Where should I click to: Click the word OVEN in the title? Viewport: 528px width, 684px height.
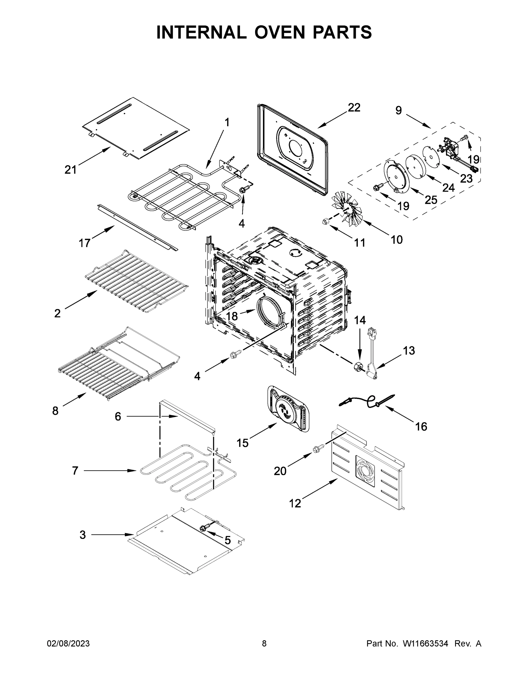(279, 32)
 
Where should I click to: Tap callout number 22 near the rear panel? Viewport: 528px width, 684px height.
(354, 107)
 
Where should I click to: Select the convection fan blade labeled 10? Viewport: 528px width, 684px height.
(347, 208)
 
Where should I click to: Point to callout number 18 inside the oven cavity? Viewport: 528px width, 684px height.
(232, 316)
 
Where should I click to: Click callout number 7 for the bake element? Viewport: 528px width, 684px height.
(75, 479)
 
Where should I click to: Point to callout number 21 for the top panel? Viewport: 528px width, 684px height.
(70, 170)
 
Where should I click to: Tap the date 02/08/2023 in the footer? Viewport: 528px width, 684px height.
(68, 644)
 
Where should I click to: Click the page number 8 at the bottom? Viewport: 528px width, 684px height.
(264, 644)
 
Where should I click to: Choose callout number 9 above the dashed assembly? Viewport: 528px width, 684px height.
(398, 110)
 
